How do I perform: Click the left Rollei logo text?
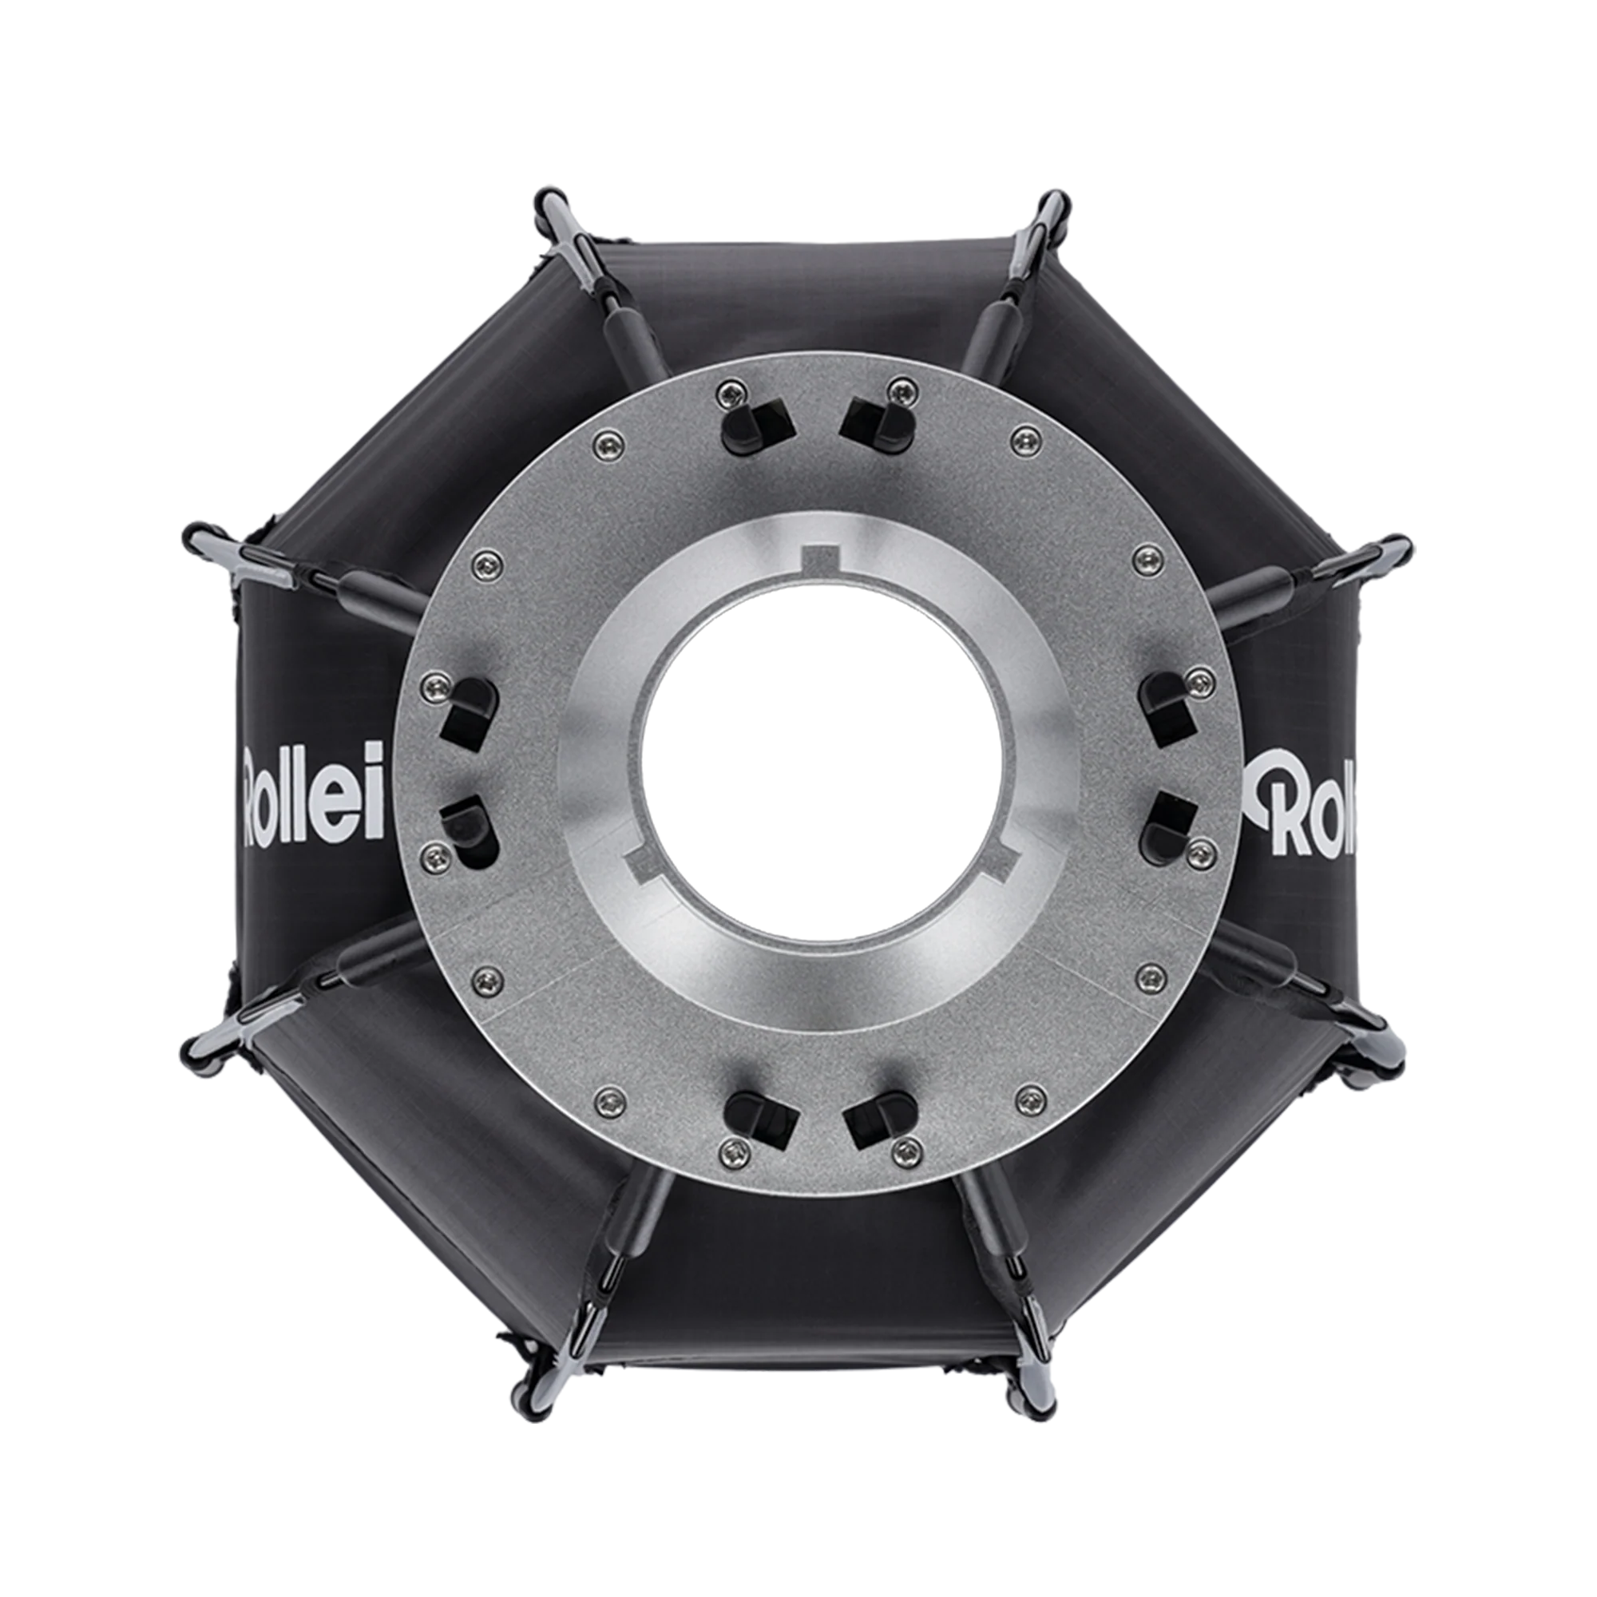[x=313, y=793]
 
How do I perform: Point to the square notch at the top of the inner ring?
[x=821, y=557]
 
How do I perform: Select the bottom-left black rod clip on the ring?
[x=759, y=1120]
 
